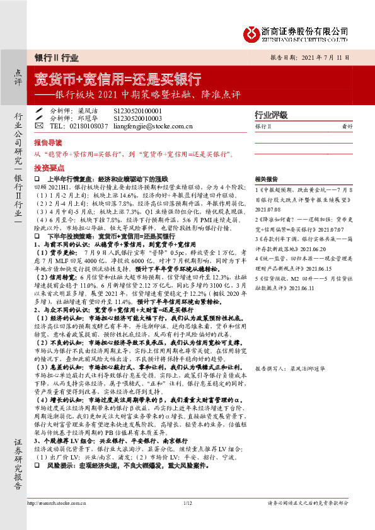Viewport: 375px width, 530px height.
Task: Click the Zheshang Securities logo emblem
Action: (x=251, y=31)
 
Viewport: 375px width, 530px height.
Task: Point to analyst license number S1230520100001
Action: (x=137, y=110)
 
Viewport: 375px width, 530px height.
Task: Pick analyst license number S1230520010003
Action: (x=137, y=118)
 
